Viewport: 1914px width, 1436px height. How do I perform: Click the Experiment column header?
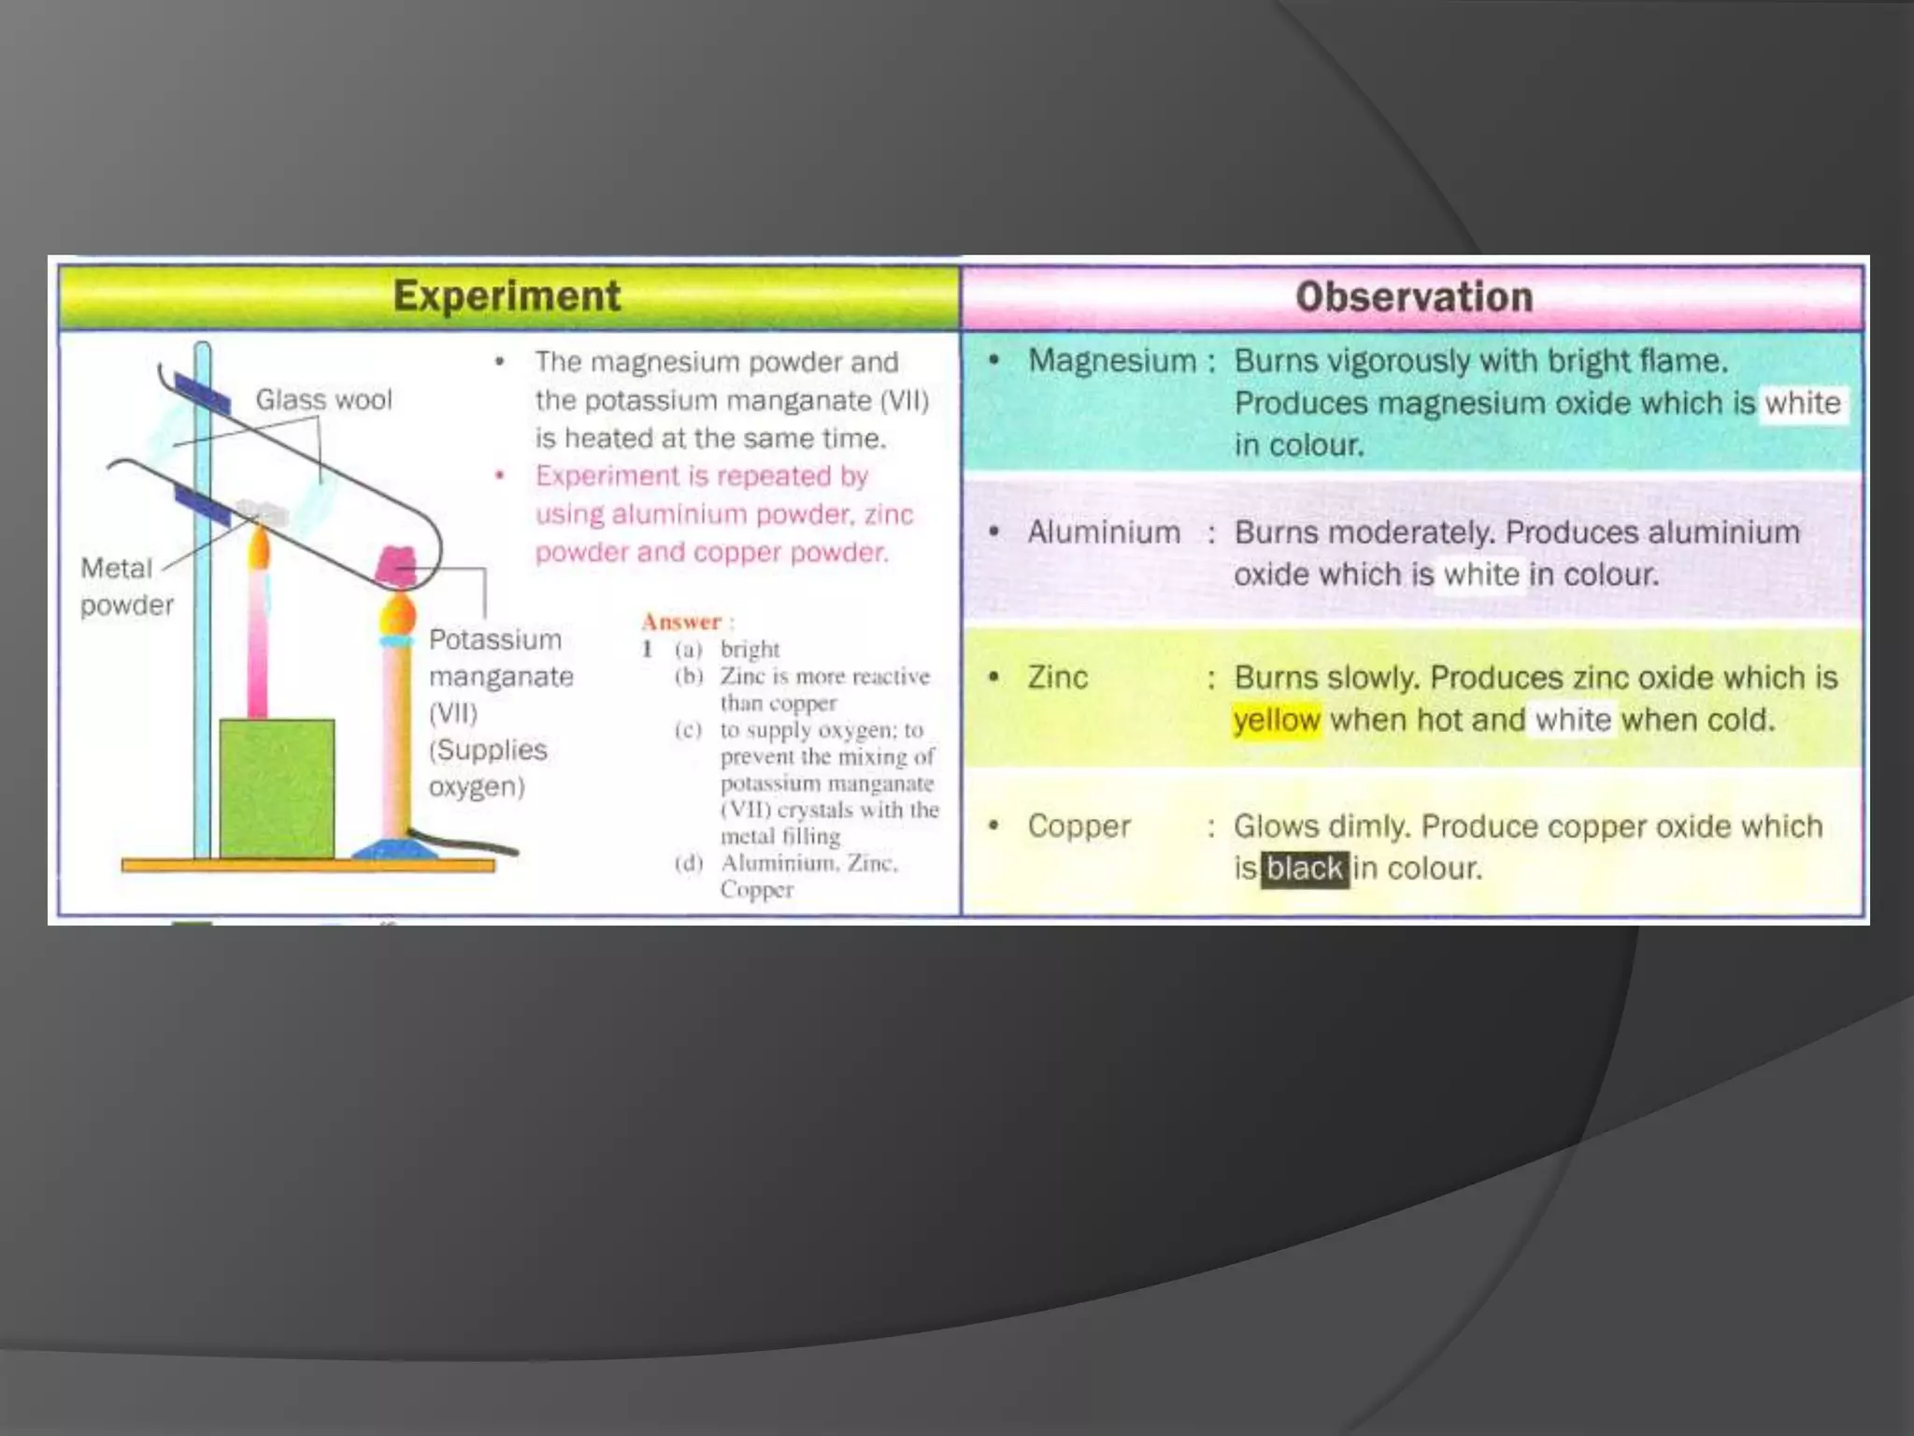pos(507,296)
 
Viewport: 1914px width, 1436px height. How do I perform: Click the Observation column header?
pos(1413,297)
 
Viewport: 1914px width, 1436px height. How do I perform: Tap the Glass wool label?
pos(323,400)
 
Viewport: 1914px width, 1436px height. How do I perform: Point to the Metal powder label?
pos(126,586)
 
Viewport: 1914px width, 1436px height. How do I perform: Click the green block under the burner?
pos(277,787)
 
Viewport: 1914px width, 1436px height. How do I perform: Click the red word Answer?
pos(681,622)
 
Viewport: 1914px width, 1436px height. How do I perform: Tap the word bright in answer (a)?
pos(750,649)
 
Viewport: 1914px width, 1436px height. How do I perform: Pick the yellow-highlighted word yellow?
pos(1277,720)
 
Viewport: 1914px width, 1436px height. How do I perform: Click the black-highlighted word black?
pos(1305,869)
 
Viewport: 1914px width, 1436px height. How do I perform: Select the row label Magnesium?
pos(1111,361)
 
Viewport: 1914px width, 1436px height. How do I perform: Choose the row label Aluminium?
pos(1104,532)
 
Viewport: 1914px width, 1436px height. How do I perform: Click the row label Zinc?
pos(1057,677)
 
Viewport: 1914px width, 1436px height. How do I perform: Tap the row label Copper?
pos(1078,826)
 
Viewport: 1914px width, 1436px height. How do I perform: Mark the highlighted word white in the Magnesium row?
pos(1803,403)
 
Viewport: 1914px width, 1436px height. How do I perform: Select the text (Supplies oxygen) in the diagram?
pos(487,768)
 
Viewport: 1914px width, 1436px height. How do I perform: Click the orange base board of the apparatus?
pos(308,866)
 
